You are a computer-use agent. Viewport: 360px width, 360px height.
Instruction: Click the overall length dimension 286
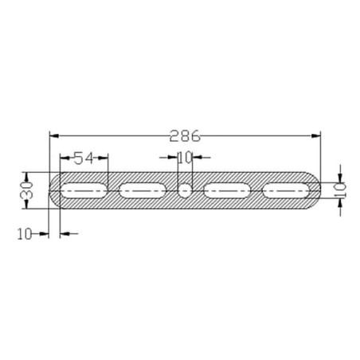(185, 136)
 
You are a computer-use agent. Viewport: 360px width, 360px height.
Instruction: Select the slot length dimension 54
(84, 158)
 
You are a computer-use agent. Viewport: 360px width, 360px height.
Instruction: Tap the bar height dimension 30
(26, 190)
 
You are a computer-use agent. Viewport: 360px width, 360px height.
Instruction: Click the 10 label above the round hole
(185, 158)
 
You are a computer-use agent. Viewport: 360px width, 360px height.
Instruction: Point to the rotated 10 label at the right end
(340, 190)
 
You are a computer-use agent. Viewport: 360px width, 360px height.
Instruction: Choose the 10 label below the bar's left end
(25, 234)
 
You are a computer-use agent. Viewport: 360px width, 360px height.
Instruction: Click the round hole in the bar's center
(185, 190)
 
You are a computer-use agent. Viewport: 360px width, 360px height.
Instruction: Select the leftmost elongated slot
(84, 190)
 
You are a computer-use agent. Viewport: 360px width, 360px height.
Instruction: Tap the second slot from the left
(143, 190)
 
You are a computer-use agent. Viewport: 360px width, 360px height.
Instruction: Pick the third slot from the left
(227, 190)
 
